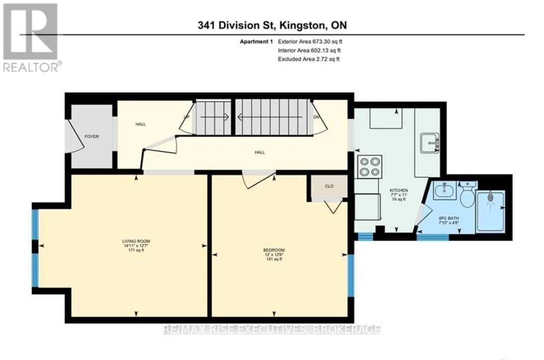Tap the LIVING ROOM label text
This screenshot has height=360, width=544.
click(136, 241)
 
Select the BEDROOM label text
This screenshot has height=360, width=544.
click(274, 250)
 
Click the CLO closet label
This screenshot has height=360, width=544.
click(329, 186)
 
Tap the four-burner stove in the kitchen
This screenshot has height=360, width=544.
click(370, 167)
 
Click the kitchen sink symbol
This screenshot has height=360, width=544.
click(430, 142)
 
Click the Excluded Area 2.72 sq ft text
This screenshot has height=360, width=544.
click(309, 59)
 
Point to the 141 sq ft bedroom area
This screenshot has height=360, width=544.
click(274, 259)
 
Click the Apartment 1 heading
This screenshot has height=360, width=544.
click(256, 42)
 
